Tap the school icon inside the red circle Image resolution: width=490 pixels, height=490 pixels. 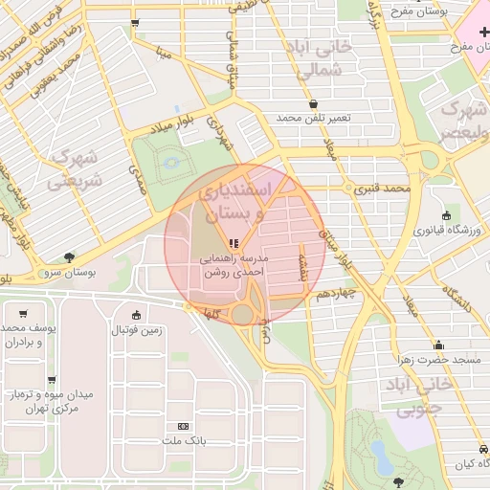pos(234,242)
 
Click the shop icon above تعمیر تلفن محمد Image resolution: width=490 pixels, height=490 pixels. pos(314,103)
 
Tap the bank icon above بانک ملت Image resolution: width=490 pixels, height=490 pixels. pos(183,426)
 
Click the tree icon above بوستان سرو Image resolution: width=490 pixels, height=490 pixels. pos(69,256)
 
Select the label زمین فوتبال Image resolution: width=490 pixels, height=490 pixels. pos(137,330)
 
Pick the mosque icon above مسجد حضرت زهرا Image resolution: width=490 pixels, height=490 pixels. pos(438,345)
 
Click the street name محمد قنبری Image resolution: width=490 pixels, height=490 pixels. pos(383,189)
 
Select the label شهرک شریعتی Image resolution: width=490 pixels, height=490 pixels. pos(73,167)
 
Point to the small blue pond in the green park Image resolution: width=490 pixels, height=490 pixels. pos(171,163)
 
